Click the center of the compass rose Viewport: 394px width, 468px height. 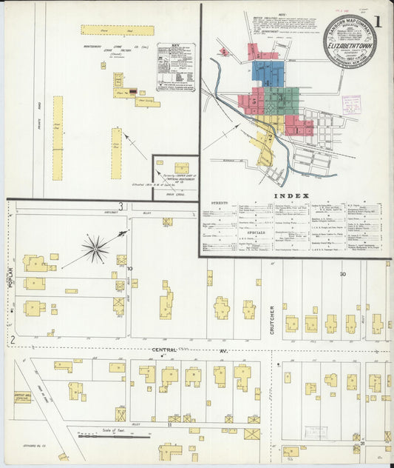(95, 248)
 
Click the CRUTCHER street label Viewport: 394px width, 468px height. (272, 319)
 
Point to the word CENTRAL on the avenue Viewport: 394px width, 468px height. (166, 349)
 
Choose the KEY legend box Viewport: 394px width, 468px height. (177, 67)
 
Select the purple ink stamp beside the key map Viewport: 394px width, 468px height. (351, 104)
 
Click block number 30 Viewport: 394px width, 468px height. (342, 274)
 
